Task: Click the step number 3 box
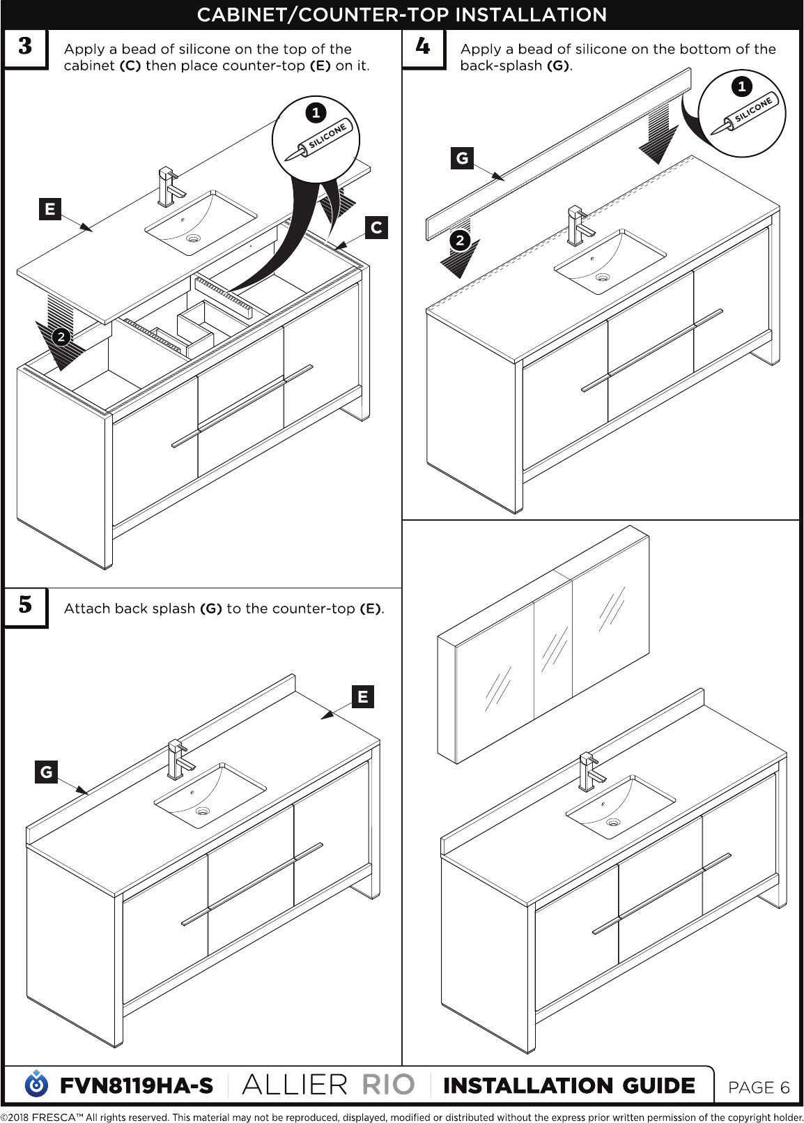pos(26,49)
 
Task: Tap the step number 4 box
pos(424,49)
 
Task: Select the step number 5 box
pos(26,607)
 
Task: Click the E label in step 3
pos(49,209)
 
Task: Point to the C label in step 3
pos(376,228)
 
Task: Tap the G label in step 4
pos(462,158)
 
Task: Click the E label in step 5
pos(363,697)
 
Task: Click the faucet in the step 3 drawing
pos(170,187)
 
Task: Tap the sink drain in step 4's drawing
pos(602,276)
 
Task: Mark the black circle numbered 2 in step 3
pos(61,337)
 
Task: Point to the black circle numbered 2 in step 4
pos(460,240)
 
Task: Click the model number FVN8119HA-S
pos(137,1086)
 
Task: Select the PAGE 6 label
pos(759,1087)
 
